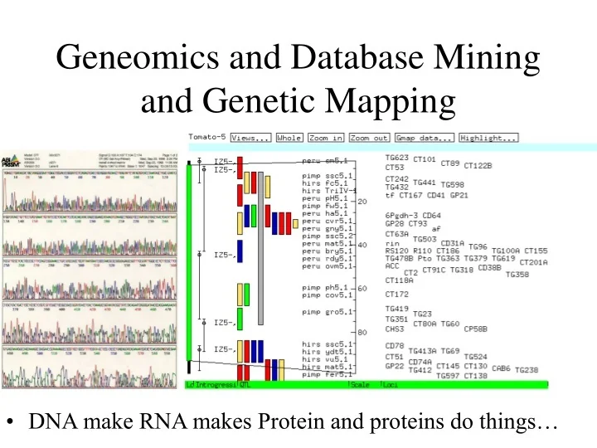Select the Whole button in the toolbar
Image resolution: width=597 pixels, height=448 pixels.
click(289, 138)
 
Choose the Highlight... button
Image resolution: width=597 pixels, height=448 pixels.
click(488, 138)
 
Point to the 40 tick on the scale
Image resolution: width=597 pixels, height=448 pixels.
click(362, 245)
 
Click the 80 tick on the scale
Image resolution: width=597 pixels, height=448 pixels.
click(362, 333)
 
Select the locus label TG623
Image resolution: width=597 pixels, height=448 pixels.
click(396, 156)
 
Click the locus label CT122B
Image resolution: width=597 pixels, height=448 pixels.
click(478, 166)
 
